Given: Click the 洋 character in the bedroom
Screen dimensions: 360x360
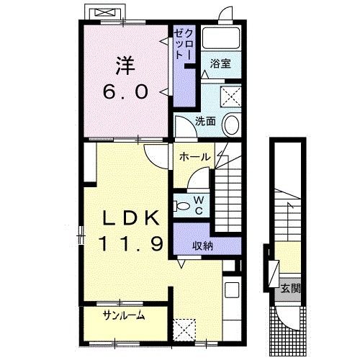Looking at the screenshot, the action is [x=125, y=66].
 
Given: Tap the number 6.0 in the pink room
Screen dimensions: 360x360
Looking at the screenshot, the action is [x=125, y=92].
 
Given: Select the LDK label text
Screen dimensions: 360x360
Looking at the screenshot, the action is [x=131, y=217].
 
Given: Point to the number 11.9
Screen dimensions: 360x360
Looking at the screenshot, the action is [x=131, y=243].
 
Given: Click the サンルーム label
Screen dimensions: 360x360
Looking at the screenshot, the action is [x=124, y=315].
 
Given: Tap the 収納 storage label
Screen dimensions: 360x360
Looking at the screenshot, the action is [x=203, y=246].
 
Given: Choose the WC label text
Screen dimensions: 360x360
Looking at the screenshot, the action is [x=199, y=205].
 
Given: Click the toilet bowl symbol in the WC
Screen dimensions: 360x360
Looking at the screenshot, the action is [x=181, y=206].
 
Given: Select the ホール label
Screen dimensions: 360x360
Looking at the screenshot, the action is [x=194, y=157].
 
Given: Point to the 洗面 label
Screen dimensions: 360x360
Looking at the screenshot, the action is [x=205, y=121].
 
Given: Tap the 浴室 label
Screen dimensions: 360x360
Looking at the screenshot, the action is [x=220, y=63].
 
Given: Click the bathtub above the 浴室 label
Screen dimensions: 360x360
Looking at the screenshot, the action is [x=221, y=38].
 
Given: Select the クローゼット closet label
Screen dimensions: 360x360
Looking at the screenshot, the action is [x=184, y=44].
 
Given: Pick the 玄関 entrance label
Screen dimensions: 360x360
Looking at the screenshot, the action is [x=291, y=288].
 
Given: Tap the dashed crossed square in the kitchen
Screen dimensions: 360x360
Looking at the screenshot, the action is [x=184, y=330].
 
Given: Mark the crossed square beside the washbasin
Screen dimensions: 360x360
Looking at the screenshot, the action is [x=230, y=96].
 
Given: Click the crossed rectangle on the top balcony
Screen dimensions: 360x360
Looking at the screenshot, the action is [x=107, y=12].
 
